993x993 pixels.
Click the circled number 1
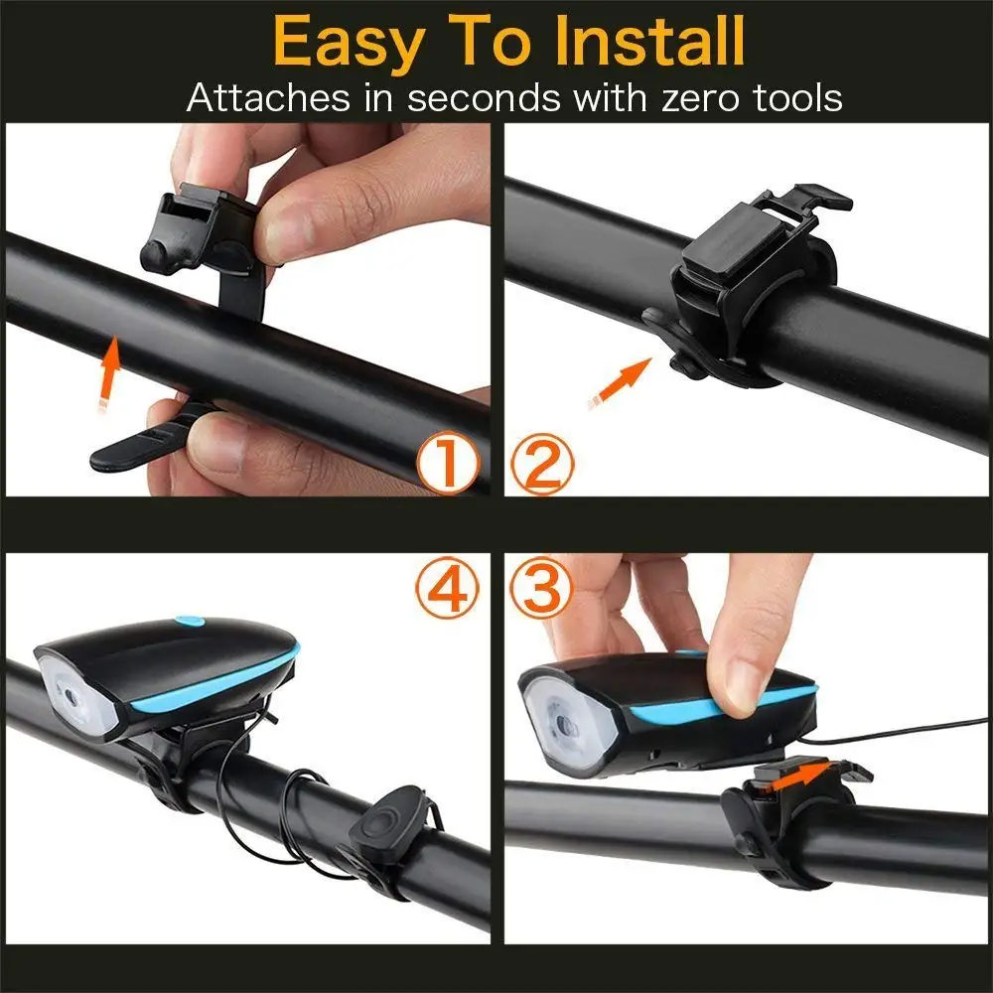[x=447, y=464]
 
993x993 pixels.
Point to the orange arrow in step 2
[x=617, y=382]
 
